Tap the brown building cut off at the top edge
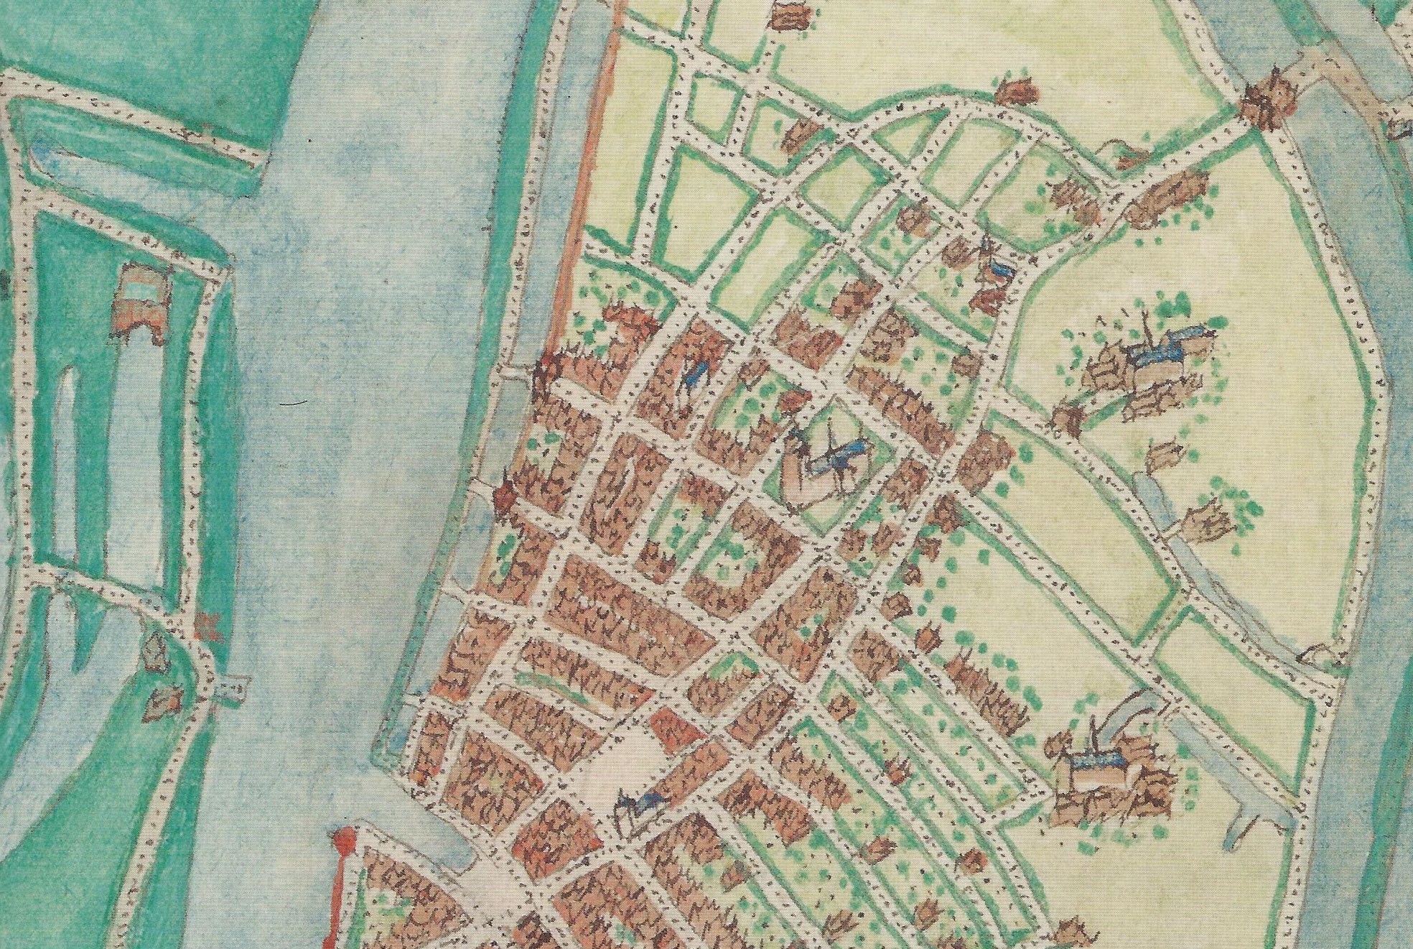click(790, 14)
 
